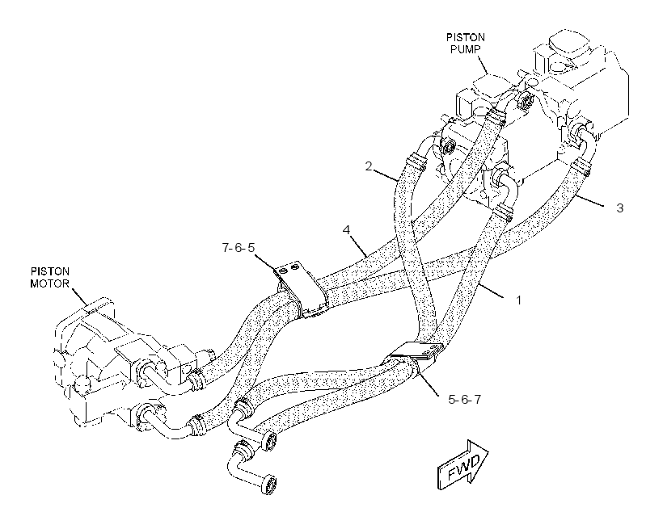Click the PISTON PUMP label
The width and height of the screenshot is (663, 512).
[466, 43]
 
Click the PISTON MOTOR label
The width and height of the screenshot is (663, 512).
[49, 277]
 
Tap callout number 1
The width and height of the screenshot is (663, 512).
[518, 300]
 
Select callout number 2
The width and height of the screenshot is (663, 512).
[369, 166]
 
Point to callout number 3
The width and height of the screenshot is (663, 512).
[619, 208]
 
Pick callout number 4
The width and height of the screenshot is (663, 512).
[347, 230]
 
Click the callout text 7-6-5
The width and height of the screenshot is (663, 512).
[239, 248]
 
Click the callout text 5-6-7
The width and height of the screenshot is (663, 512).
[464, 399]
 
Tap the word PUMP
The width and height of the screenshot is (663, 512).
[466, 49]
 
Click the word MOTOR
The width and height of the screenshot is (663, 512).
[49, 283]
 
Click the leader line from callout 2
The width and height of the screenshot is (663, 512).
[385, 175]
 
